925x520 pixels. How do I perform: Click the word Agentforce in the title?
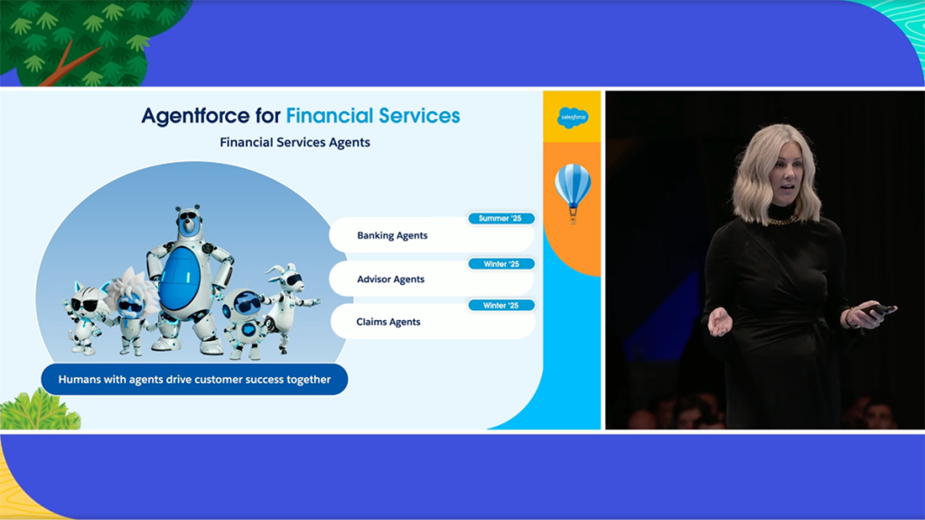click(x=195, y=116)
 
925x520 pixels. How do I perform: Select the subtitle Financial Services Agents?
click(x=295, y=142)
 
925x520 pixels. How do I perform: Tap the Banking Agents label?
click(x=392, y=235)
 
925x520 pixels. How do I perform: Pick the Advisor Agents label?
click(x=390, y=279)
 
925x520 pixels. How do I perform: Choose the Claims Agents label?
click(x=388, y=321)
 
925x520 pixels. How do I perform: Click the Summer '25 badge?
click(x=500, y=219)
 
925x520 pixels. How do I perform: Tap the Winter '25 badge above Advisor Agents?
click(x=501, y=264)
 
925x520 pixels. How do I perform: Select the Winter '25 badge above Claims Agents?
click(x=500, y=306)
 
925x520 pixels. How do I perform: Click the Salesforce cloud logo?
click(x=573, y=118)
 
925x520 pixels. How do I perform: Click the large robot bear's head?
click(x=189, y=222)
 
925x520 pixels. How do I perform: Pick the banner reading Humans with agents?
click(x=194, y=379)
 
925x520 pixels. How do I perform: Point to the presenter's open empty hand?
click(x=720, y=322)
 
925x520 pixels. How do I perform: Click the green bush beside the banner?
click(x=39, y=410)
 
